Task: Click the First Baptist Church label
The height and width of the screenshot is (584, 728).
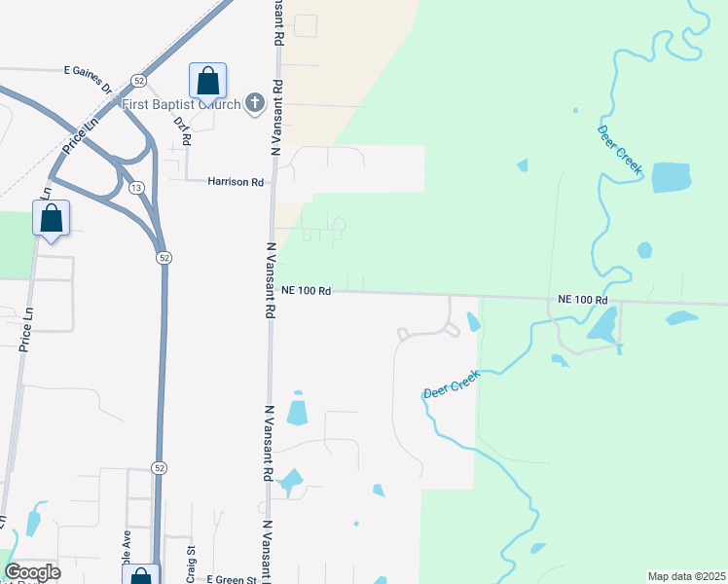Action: pos(181,104)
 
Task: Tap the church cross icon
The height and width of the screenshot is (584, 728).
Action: pos(255,103)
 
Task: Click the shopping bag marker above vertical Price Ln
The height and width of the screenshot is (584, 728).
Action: pos(51,219)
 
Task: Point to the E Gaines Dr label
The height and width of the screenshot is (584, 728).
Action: pos(89,71)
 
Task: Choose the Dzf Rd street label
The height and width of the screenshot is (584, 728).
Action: pos(182,130)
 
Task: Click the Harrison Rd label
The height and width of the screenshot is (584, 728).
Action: pos(236,182)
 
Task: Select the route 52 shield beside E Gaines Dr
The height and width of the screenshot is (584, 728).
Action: pos(139,80)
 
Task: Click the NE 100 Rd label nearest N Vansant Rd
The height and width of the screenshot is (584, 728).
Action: pos(307,290)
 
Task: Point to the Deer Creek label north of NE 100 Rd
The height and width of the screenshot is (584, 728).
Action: pos(620,151)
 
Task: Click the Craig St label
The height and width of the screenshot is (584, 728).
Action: pos(191,561)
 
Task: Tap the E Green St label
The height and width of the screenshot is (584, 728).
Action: pos(237,579)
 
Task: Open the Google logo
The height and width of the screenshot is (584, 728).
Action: pos(32,572)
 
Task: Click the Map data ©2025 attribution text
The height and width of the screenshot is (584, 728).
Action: pos(687,576)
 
